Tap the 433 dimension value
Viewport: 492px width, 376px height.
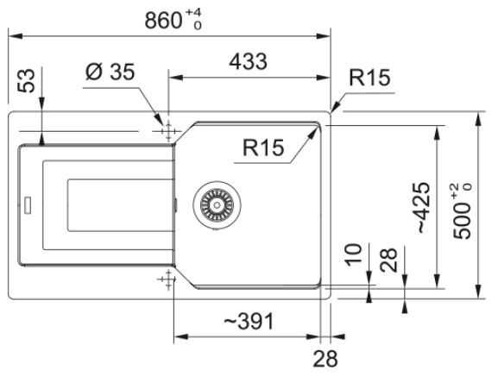[248, 61]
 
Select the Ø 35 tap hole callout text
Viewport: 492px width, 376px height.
[110, 72]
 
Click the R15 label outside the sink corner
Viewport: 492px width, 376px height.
[370, 78]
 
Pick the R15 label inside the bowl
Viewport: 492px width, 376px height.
[263, 147]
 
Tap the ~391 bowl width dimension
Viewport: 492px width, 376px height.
[249, 321]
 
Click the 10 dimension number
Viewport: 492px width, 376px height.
[354, 254]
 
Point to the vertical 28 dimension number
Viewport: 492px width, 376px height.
[388, 260]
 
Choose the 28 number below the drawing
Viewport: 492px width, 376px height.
[325, 359]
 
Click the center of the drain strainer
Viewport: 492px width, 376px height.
[217, 205]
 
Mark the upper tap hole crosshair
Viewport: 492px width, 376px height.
[168, 131]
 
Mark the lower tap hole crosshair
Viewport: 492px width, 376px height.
[168, 279]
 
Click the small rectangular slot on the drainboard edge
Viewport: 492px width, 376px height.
[28, 205]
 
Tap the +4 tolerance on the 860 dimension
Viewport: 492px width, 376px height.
[193, 13]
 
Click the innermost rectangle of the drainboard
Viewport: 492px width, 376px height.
[121, 205]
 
